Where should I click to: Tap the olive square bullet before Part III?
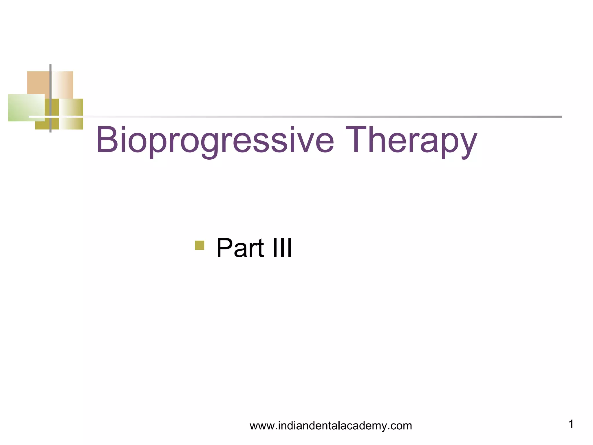(200, 245)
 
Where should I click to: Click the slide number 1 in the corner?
(571, 424)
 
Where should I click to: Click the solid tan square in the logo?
(38, 82)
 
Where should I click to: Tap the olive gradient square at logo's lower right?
(72, 123)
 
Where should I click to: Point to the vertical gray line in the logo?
(50, 87)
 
